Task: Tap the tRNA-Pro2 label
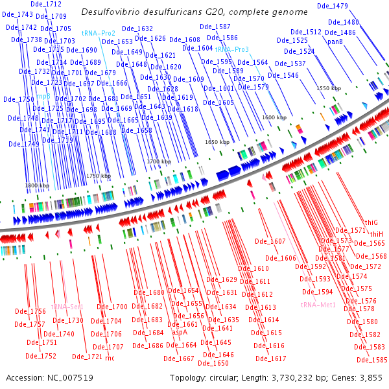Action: (99, 33)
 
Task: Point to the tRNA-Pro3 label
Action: (231, 49)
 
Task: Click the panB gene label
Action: (335, 41)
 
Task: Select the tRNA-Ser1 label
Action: (67, 306)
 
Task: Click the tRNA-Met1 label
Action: (318, 305)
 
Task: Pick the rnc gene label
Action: (110, 357)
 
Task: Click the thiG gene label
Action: (371, 222)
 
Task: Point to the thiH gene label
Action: (377, 233)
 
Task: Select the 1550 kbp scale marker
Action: (328, 88)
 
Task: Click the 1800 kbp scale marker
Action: (37, 185)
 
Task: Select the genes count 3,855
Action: (370, 377)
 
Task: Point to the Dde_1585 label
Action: (371, 360)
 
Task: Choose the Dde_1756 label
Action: (30, 312)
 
